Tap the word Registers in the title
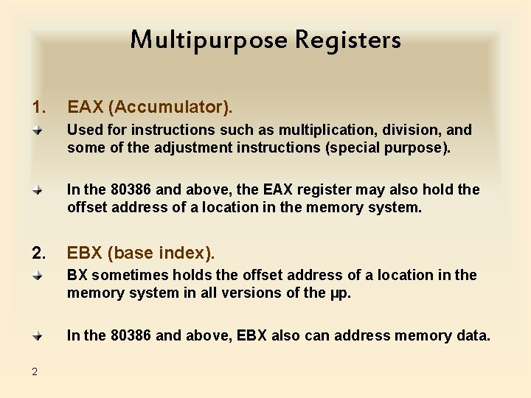click(x=348, y=40)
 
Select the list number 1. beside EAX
click(x=39, y=108)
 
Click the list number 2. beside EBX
click(x=39, y=253)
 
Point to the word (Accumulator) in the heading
click(x=170, y=108)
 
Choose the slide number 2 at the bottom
click(x=35, y=371)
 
